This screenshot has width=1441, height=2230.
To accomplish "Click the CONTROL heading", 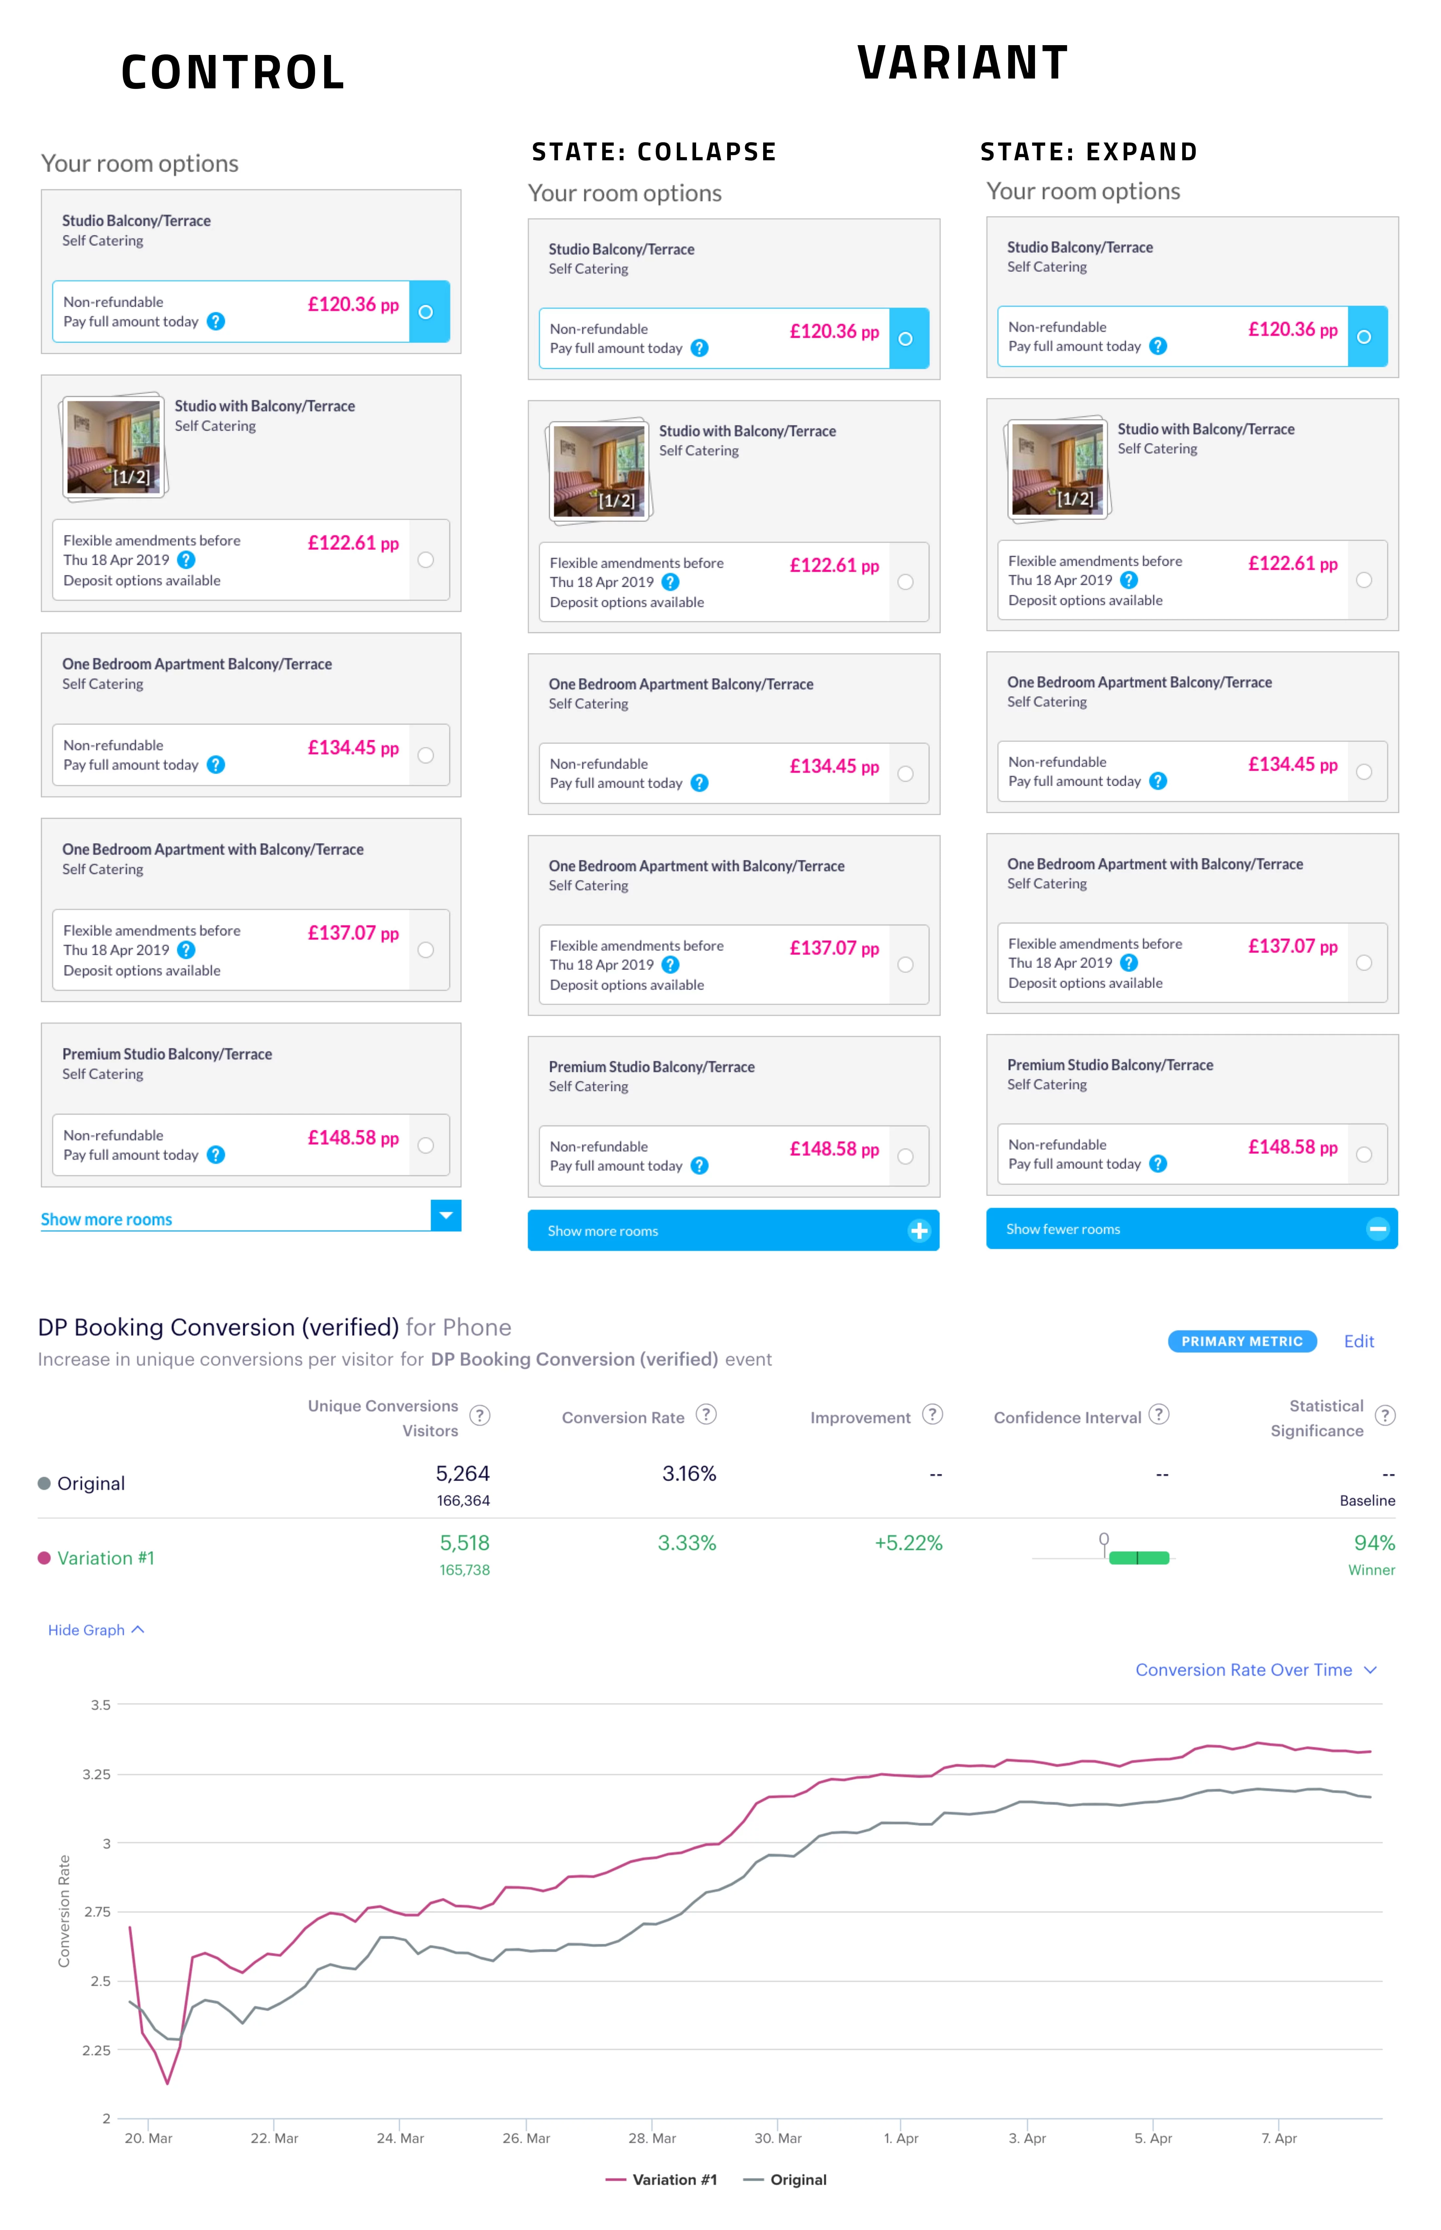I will (233, 73).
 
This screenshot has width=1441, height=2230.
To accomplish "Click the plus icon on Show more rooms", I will (919, 1230).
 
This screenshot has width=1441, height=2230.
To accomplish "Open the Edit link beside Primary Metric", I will (1359, 1341).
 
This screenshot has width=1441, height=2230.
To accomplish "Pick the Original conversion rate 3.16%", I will (689, 1474).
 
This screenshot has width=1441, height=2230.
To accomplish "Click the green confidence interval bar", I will (1139, 1558).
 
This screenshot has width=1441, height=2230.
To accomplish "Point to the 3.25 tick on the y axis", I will (97, 1774).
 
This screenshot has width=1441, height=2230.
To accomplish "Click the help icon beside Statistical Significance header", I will (1385, 1416).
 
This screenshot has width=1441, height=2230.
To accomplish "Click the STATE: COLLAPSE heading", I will (654, 151).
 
